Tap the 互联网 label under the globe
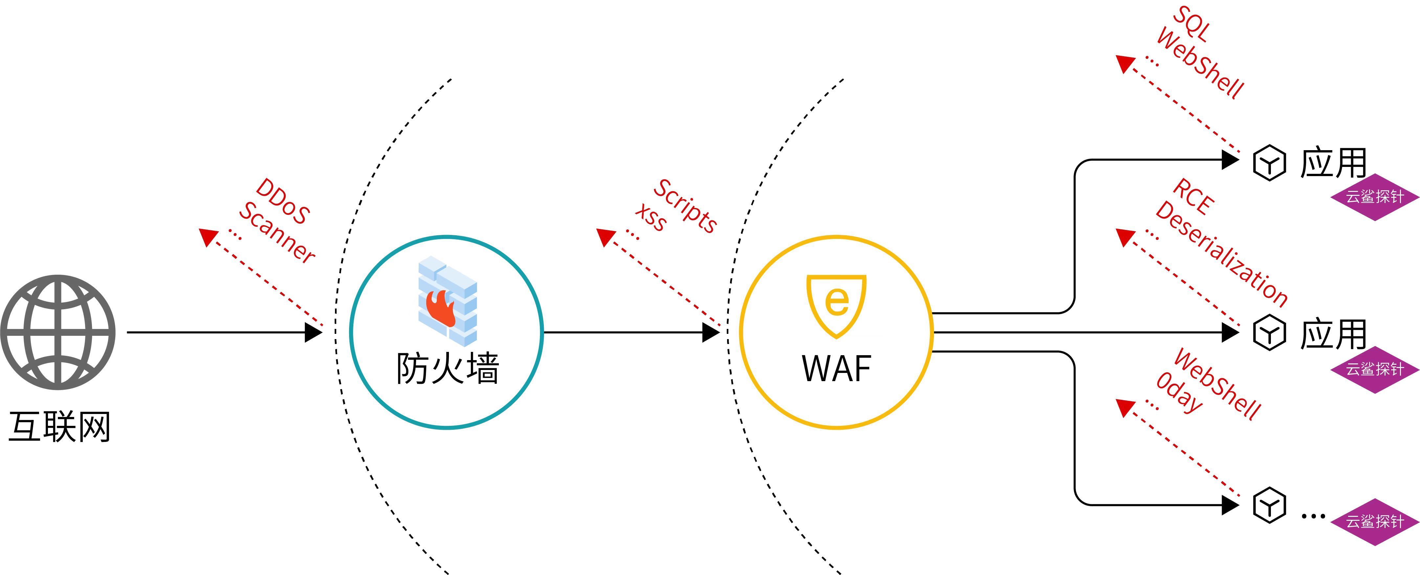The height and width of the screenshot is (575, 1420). [59, 426]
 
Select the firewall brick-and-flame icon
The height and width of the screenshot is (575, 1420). [447, 300]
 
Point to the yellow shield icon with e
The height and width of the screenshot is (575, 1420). [836, 305]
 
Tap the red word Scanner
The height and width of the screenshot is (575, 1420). [277, 232]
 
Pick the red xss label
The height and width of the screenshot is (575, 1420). [651, 218]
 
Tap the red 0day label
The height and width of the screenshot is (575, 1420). [1179, 392]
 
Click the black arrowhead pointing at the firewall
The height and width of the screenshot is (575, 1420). [313, 333]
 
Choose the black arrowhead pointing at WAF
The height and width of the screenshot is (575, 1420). [711, 333]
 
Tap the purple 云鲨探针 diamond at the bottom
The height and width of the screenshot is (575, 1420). [1375, 521]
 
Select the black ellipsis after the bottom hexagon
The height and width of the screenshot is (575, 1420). [1313, 516]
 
